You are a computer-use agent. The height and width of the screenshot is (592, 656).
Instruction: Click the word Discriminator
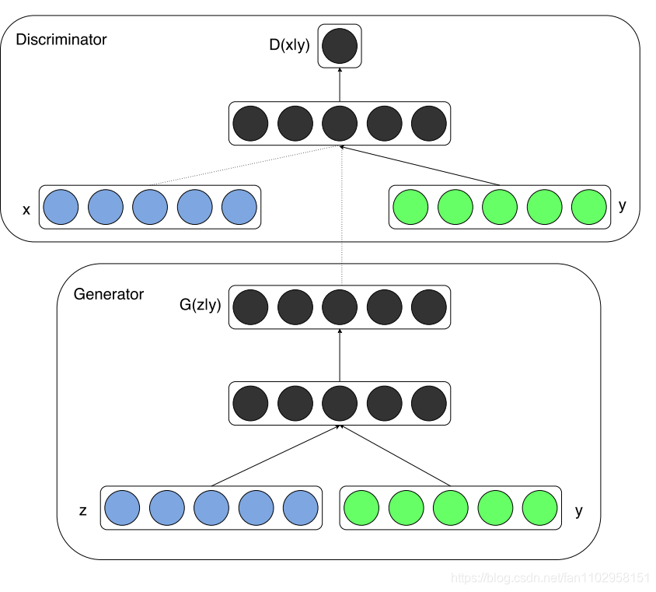tap(61, 39)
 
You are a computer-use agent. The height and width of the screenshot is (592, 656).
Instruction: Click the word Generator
tap(108, 294)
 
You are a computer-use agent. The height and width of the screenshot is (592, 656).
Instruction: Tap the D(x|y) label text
tap(289, 45)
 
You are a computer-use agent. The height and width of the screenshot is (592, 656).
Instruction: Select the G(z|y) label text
tap(200, 305)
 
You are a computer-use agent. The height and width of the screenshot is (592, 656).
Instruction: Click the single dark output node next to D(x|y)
tap(340, 45)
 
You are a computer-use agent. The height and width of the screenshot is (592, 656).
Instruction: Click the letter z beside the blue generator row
tap(82, 511)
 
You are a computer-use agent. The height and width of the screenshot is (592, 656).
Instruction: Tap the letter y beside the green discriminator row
tap(622, 205)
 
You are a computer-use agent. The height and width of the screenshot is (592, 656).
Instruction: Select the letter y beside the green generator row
tap(578, 511)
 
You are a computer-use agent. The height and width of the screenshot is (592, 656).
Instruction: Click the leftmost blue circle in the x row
tap(61, 207)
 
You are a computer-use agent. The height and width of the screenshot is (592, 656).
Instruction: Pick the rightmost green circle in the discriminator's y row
tap(588, 207)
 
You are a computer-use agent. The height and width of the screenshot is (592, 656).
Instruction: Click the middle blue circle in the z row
tap(211, 508)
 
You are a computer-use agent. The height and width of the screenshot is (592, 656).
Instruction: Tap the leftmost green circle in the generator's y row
tap(361, 508)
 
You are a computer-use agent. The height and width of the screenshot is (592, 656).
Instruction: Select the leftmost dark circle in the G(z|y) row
tap(250, 307)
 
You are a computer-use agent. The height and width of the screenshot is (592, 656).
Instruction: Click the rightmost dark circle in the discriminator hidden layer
tap(428, 123)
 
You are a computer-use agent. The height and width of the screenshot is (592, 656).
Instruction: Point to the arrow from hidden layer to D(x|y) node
tap(340, 84)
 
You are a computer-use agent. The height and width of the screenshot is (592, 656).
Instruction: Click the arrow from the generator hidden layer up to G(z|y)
tap(340, 354)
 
